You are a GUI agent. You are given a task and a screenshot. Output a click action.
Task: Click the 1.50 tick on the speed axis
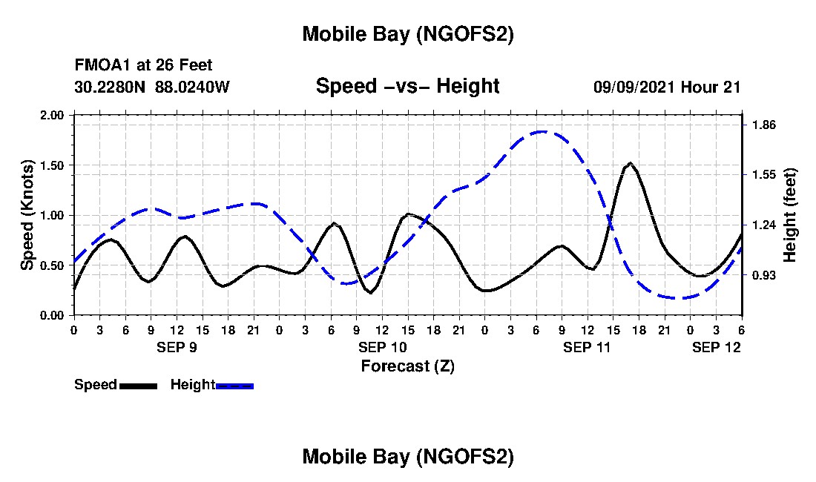[x=53, y=165]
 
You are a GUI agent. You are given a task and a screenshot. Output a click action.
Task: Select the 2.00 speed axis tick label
[x=53, y=115]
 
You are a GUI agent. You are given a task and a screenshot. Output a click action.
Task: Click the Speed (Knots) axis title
[x=27, y=215]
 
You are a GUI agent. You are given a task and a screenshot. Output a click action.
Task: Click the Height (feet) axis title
[x=789, y=215]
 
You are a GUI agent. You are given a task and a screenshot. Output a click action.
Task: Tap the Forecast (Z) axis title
[x=407, y=366]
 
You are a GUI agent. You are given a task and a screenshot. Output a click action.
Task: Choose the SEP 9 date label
[x=177, y=347]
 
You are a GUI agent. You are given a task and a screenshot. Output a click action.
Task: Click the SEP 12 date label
[x=716, y=347]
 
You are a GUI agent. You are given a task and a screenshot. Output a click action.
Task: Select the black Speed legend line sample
[x=138, y=386]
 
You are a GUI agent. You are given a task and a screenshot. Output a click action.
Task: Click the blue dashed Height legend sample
[x=234, y=386]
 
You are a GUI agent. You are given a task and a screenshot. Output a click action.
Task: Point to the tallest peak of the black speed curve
[x=630, y=162]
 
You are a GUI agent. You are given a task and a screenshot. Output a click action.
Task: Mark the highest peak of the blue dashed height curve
[x=542, y=131]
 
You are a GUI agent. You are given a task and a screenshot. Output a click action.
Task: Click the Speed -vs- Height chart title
[x=407, y=86]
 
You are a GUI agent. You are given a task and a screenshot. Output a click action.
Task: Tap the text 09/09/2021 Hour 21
[x=667, y=87]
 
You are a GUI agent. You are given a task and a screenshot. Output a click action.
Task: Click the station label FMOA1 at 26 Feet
[x=143, y=65]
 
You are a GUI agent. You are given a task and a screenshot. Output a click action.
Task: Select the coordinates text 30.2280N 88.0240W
[x=152, y=87]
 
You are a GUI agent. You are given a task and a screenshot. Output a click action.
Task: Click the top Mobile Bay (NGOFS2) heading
[x=407, y=34]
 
